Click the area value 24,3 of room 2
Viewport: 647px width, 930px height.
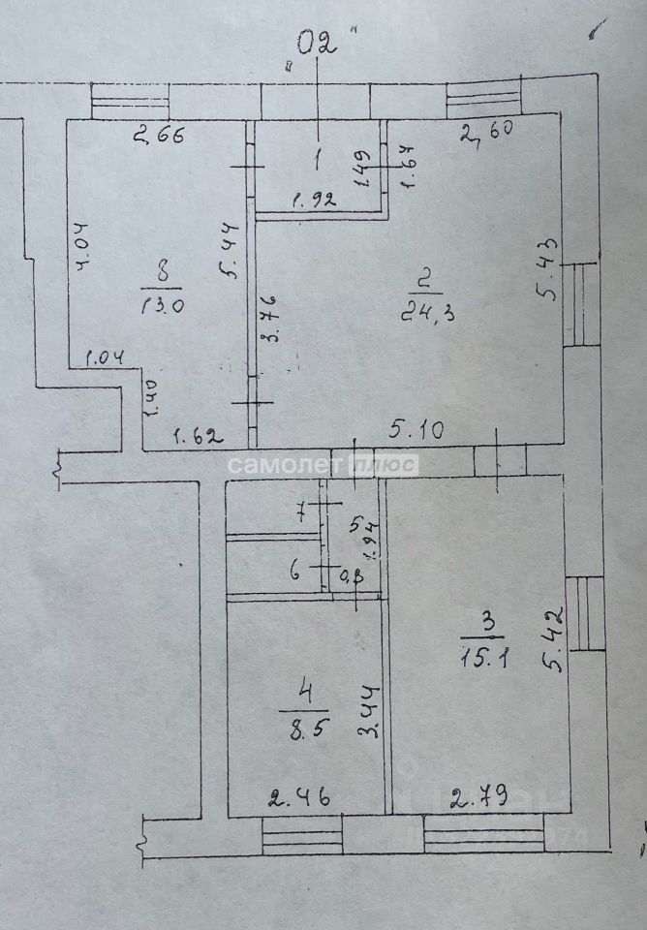pyautogui.click(x=421, y=312)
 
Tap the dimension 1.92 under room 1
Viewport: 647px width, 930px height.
pyautogui.click(x=313, y=201)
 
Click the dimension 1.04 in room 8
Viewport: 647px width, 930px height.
pyautogui.click(x=104, y=359)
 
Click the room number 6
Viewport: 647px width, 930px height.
pyautogui.click(x=294, y=571)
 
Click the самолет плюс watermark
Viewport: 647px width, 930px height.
pyautogui.click(x=323, y=465)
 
